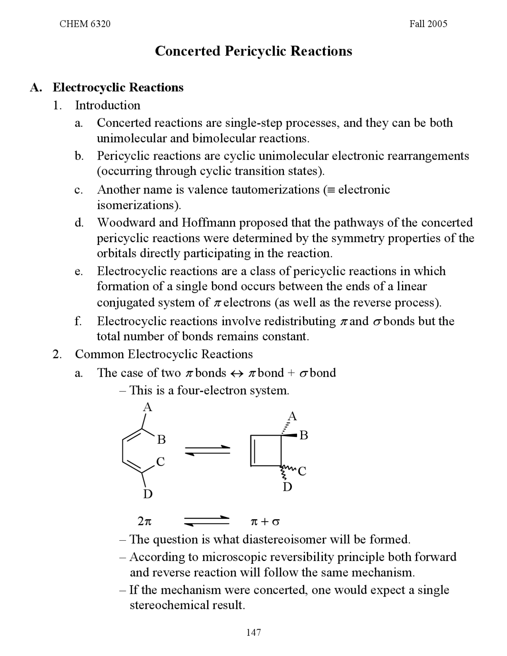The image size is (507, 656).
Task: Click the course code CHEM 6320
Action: tap(85, 24)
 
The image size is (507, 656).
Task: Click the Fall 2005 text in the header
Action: tap(428, 24)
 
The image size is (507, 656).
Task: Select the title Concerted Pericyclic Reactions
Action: tap(253, 51)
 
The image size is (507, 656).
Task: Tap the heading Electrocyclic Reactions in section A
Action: tap(118, 87)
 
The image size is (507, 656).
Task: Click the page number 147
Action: tap(253, 632)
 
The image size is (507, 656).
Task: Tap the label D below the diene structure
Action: tap(147, 494)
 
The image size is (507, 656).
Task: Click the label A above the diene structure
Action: tap(147, 407)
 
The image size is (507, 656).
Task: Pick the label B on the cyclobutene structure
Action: tap(304, 435)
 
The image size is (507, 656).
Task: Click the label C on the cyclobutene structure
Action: tap(302, 471)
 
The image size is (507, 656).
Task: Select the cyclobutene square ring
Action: tap(266, 451)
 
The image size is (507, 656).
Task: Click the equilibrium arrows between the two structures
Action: tap(208, 450)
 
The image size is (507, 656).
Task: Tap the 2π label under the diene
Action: tap(145, 522)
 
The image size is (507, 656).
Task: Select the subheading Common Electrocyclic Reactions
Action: tap(164, 354)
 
